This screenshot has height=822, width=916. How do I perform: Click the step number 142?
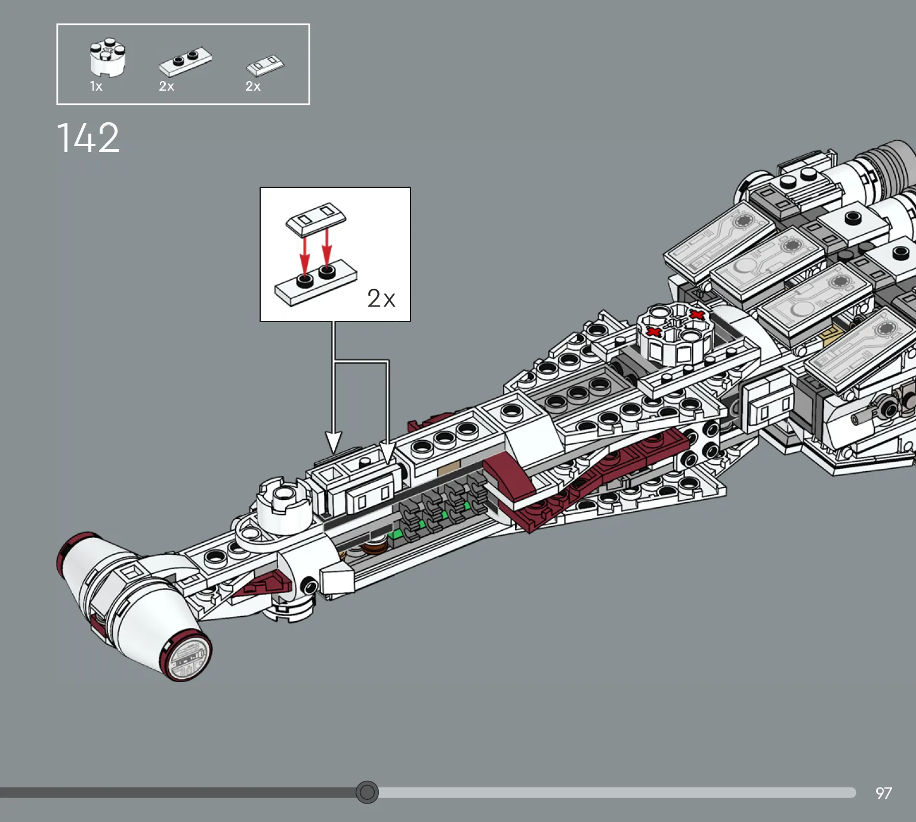point(88,138)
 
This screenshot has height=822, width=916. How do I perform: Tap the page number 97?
point(883,793)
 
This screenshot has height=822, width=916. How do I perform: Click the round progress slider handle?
point(367,792)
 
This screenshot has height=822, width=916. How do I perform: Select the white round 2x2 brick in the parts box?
point(107,57)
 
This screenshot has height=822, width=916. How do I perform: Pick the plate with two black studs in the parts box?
point(186,61)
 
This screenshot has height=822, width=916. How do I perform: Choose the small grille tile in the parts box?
point(266,66)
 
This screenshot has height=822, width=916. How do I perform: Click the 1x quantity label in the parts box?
point(96,86)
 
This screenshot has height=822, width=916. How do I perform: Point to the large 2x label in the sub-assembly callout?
point(381,298)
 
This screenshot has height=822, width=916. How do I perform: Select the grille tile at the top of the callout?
point(316,219)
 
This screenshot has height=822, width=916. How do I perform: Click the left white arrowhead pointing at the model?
point(334,442)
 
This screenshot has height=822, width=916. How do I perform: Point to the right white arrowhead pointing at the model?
point(387,453)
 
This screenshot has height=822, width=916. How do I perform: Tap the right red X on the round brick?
point(697,314)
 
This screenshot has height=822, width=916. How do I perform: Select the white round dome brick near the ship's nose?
point(283,505)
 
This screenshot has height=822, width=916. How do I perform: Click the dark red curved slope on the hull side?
point(508,480)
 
